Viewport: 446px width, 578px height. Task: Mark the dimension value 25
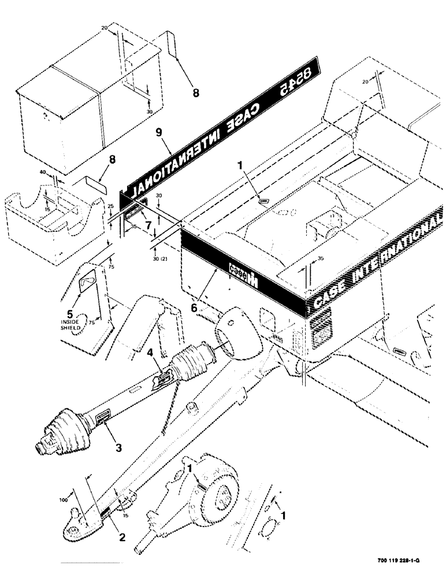[x=110, y=206]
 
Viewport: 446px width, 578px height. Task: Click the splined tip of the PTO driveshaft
[x=41, y=446]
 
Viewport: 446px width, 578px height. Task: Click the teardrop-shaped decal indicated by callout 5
[x=86, y=280]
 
